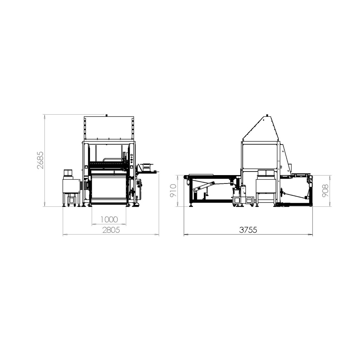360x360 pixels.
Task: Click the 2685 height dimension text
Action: coord(40,160)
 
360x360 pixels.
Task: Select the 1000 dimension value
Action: coord(109,219)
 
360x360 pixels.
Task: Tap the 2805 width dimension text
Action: coord(111,230)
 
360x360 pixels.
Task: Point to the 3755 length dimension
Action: coord(248,230)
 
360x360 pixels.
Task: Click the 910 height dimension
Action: coord(173,191)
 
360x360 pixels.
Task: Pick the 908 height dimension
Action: coord(325,191)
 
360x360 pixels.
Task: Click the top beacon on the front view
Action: coord(106,115)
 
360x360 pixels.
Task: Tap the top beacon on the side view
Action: coord(267,115)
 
